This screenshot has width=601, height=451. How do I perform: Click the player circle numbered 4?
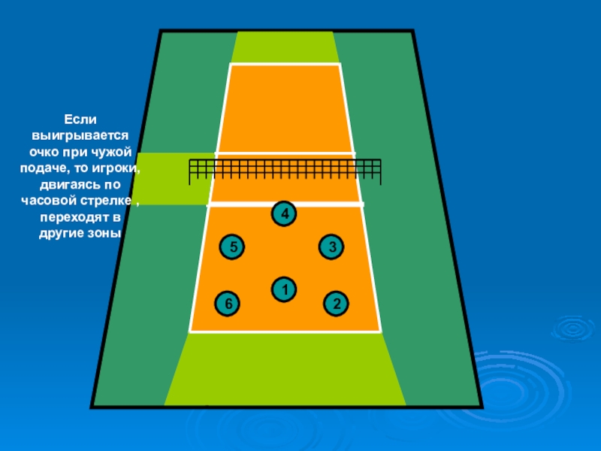[x=284, y=214]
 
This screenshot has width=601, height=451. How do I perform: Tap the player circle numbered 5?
[x=233, y=247]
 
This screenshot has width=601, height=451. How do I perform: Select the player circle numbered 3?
[x=331, y=247]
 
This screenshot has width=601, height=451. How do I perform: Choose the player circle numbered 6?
[x=228, y=303]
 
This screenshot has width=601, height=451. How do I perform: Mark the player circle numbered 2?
[x=337, y=304]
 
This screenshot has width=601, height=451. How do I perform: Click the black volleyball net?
[x=285, y=171]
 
